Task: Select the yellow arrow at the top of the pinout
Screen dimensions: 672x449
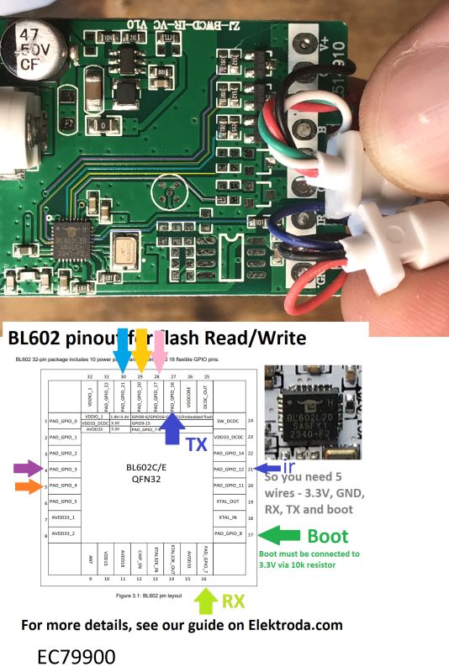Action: pos(141,348)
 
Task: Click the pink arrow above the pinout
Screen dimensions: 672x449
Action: pos(158,348)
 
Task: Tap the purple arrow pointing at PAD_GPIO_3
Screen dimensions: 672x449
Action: pos(26,468)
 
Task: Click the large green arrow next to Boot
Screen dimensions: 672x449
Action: pos(281,534)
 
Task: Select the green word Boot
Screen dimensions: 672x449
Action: pos(328,535)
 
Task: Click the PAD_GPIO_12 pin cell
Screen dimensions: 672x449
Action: pos(229,469)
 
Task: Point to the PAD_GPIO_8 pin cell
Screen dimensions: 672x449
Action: pos(229,533)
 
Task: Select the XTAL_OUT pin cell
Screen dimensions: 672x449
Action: pos(229,501)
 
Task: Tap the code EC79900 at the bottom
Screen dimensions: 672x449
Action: pos(83,654)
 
